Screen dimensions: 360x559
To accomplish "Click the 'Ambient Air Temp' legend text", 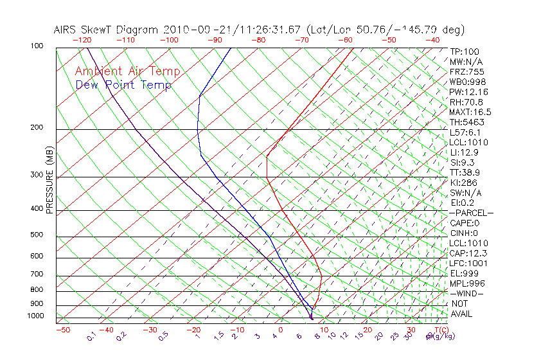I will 127,71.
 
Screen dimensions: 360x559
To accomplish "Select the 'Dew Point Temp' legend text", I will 123,85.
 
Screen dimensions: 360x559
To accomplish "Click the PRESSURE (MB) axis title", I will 49,179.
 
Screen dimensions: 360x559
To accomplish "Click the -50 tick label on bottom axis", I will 62,330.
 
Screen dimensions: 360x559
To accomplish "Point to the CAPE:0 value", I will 464,222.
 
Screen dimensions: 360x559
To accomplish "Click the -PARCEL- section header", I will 471,213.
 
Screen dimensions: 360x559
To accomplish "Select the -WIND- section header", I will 466,293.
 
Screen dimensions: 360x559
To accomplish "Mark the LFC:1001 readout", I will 468,263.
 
